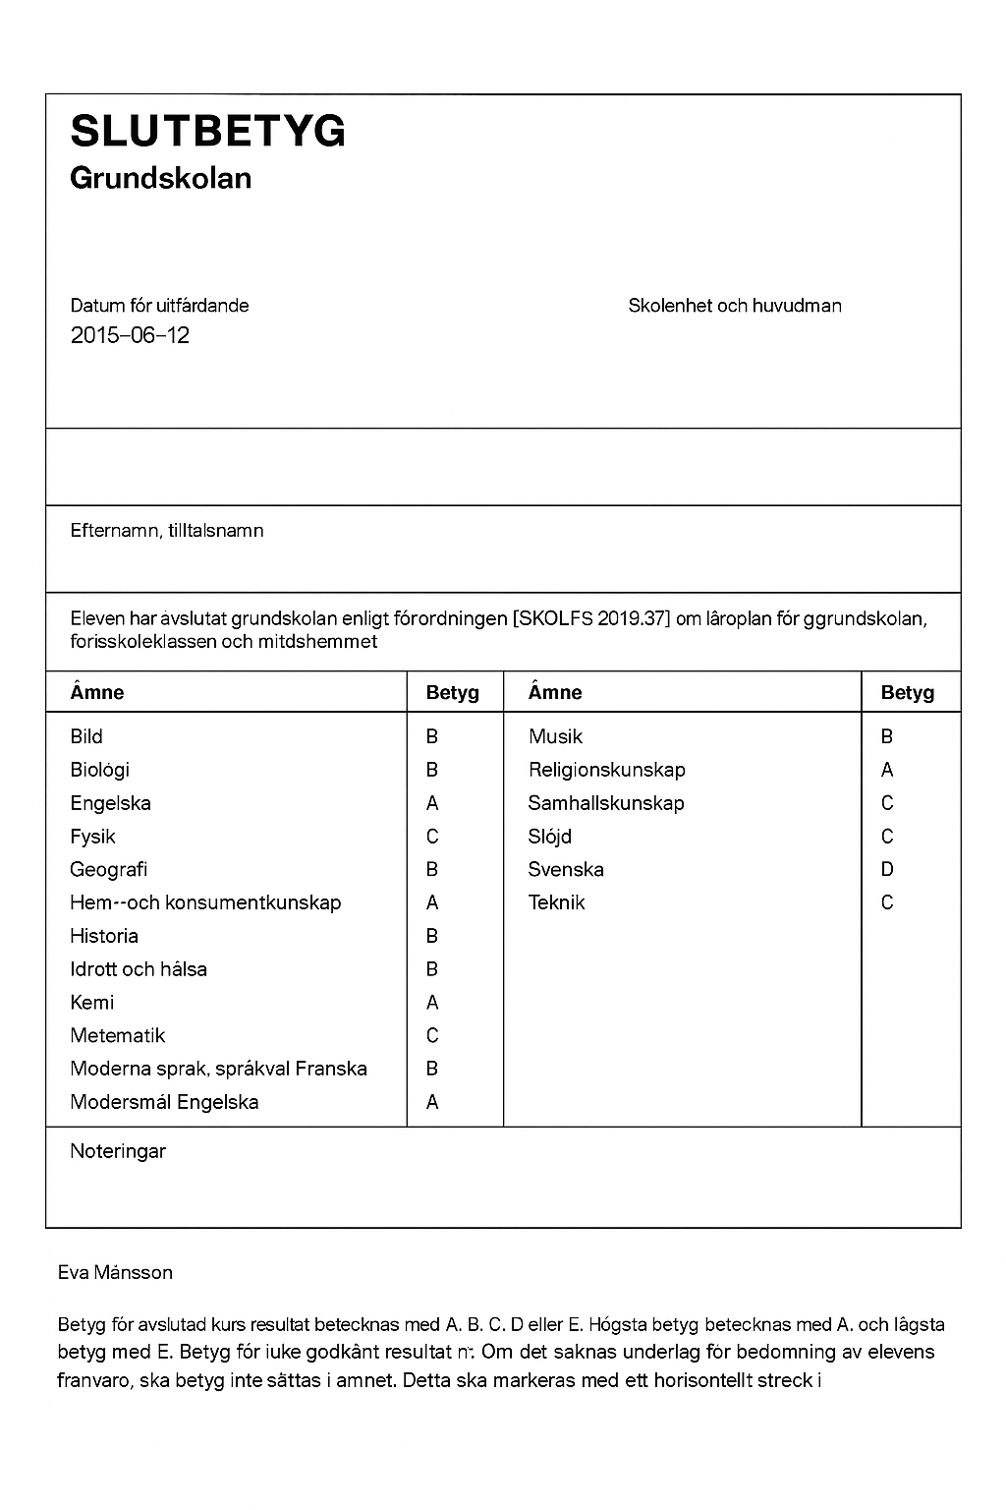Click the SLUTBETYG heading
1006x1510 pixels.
tap(208, 131)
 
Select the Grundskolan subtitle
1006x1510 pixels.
tap(161, 178)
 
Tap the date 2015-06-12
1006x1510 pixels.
tap(130, 335)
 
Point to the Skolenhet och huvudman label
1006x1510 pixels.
tap(735, 306)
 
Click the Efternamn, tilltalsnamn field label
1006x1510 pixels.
tap(167, 531)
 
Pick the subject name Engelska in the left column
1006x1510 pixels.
tap(110, 803)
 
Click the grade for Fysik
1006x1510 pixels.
tap(432, 837)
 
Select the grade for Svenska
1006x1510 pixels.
tap(887, 869)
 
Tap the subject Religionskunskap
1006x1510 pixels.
tap(606, 770)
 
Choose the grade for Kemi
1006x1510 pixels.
tap(432, 1003)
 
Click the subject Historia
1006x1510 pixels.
tap(104, 936)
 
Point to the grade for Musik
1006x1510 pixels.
tap(887, 736)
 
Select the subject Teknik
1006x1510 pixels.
tap(556, 902)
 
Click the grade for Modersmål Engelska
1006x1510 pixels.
tap(432, 1102)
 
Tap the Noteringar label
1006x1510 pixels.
tap(118, 1151)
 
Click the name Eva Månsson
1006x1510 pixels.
tap(115, 1272)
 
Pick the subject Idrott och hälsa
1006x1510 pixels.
tap(139, 969)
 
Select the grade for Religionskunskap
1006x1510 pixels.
tap(887, 770)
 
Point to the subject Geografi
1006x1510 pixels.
tap(108, 869)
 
